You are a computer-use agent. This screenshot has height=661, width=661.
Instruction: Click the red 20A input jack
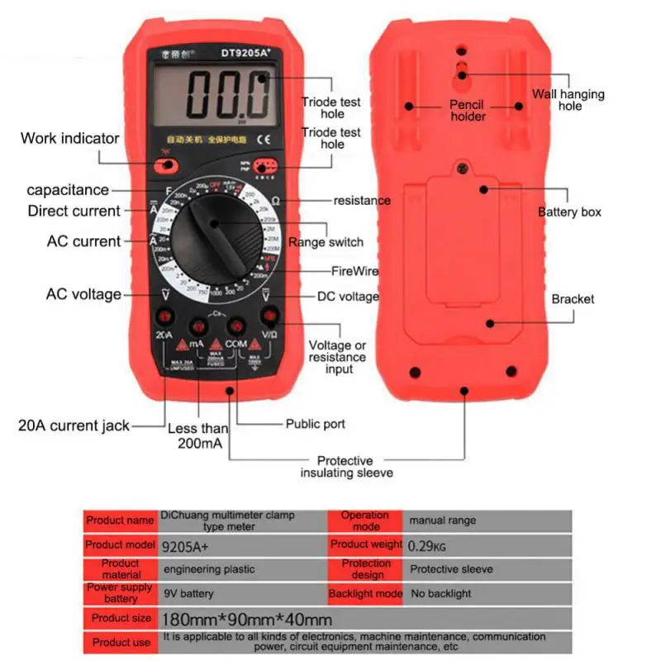pos(164,317)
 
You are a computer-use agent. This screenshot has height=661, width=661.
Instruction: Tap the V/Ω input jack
pos(270,317)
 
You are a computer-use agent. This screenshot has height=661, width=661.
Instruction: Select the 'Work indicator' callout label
pos(70,138)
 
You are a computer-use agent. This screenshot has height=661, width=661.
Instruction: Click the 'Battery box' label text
pos(569,212)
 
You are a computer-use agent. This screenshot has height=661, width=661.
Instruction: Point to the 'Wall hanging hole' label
pos(568,100)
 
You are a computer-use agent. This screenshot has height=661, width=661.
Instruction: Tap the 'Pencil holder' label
pos(467,111)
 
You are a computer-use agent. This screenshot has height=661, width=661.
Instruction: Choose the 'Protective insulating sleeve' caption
pos(346,467)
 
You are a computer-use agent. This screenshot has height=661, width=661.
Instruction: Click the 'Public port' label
pos(316,424)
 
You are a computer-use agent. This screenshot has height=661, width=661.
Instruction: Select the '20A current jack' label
pos(74,426)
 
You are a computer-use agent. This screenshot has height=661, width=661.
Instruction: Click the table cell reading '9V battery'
pos(188,593)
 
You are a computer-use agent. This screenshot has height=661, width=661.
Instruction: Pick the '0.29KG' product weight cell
pos(427,545)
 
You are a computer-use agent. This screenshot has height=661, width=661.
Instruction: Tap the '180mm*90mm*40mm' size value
pos(248,619)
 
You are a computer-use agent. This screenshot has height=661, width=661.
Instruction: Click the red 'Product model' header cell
pos(120,545)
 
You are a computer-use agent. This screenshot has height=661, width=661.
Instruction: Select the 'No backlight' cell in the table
pos(440,593)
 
